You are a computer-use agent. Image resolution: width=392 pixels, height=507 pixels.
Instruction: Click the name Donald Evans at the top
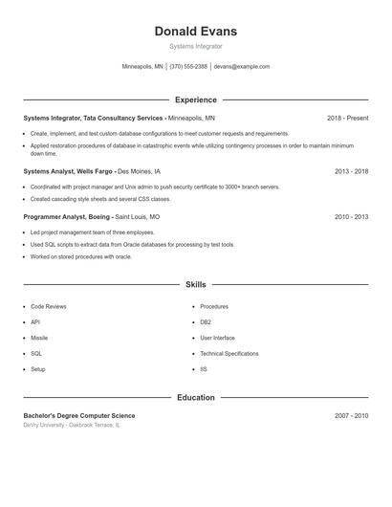pyautogui.click(x=195, y=32)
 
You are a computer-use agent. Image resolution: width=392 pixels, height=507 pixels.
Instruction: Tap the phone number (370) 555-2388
pyautogui.click(x=188, y=67)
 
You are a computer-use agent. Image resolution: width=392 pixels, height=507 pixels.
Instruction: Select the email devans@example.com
pyautogui.click(x=242, y=67)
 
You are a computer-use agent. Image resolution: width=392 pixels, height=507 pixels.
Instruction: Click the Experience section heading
pyautogui.click(x=195, y=99)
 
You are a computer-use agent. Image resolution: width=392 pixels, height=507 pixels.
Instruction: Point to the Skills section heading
pyautogui.click(x=195, y=284)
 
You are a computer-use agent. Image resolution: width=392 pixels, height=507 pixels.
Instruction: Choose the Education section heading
pyautogui.click(x=195, y=397)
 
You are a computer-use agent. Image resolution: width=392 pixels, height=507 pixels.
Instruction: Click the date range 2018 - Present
pyautogui.click(x=347, y=118)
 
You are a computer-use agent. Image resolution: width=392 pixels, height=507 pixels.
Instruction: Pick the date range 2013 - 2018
pyautogui.click(x=351, y=171)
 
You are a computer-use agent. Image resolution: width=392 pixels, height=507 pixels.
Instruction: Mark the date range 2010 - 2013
pyautogui.click(x=351, y=217)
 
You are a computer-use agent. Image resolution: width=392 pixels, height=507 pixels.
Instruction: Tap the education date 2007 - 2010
pyautogui.click(x=351, y=416)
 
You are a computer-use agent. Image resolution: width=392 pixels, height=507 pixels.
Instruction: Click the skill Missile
pyautogui.click(x=39, y=338)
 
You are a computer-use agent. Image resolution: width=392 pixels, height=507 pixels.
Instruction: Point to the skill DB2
pyautogui.click(x=206, y=322)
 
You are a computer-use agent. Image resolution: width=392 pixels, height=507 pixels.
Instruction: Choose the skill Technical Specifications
pyautogui.click(x=229, y=353)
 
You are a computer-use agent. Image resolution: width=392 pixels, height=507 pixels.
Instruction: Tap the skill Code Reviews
pyautogui.click(x=49, y=307)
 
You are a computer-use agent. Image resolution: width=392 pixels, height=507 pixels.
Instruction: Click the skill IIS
pyautogui.click(x=204, y=368)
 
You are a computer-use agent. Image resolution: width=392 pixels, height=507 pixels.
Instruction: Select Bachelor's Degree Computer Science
pyautogui.click(x=79, y=416)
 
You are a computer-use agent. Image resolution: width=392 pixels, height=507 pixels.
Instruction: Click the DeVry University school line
pyautogui.click(x=72, y=425)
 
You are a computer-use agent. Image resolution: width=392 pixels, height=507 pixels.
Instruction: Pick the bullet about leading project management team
pyautogui.click(x=92, y=232)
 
